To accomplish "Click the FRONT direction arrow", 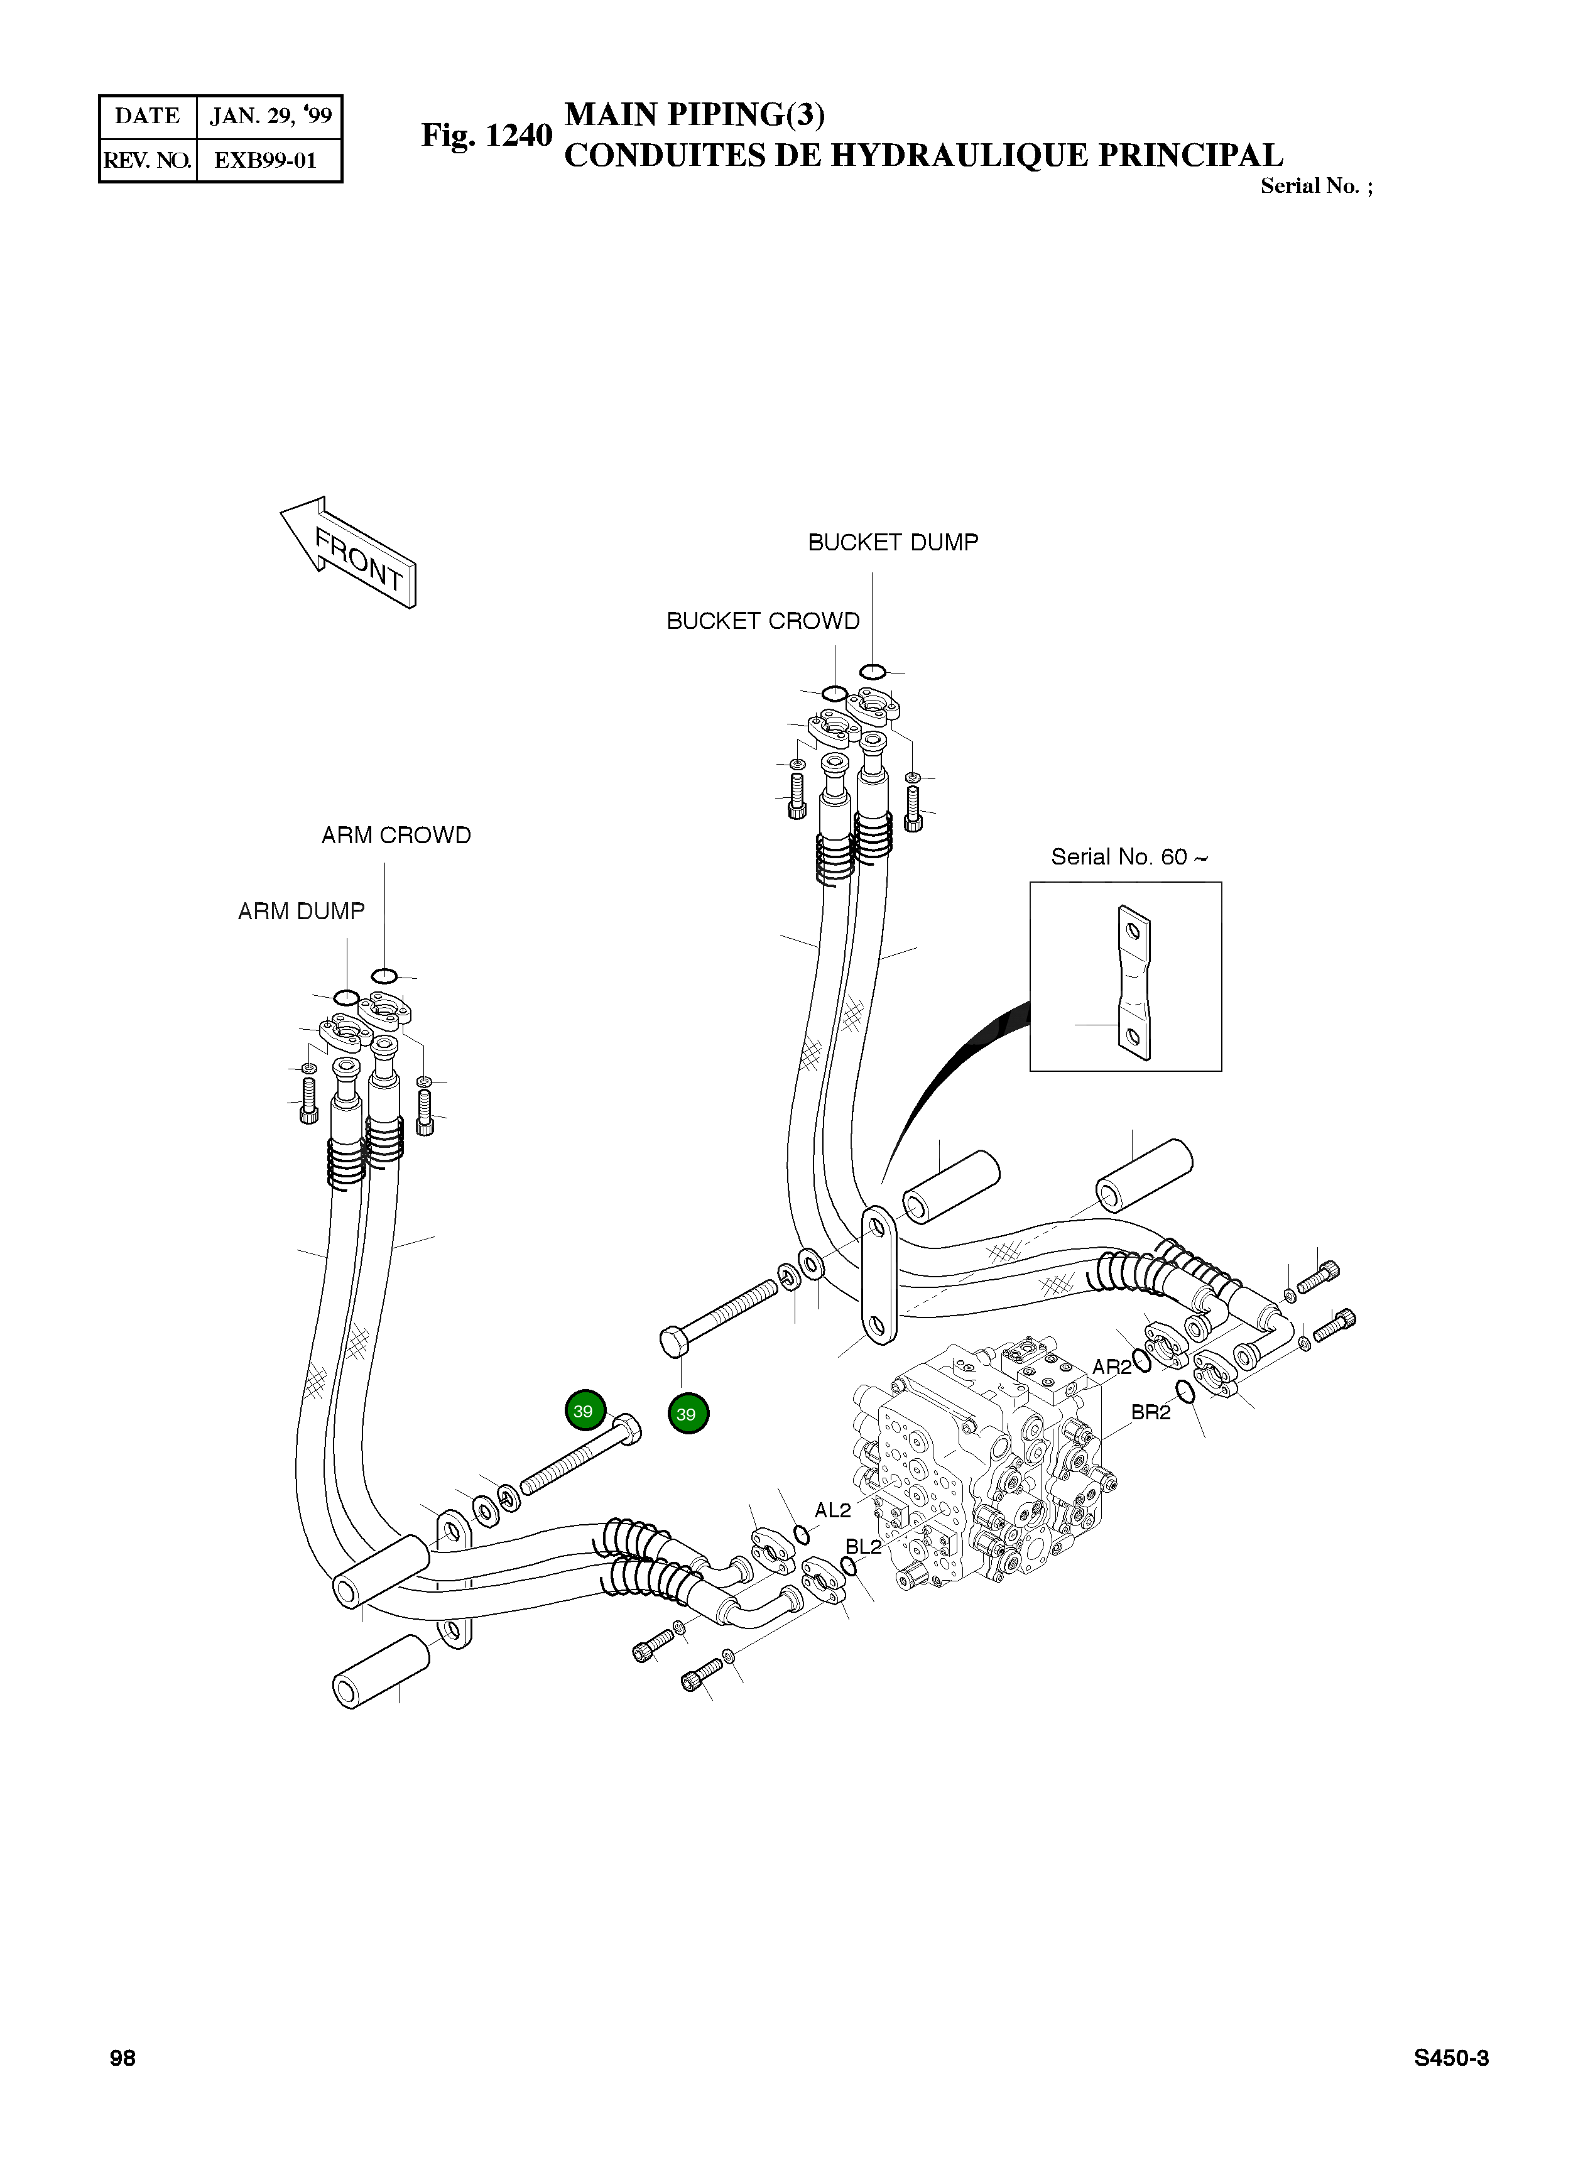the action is click(x=348, y=552).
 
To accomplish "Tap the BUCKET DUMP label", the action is click(x=893, y=542).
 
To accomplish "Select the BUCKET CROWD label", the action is click(x=763, y=621).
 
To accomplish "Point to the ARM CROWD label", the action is click(x=396, y=836).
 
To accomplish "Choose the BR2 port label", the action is click(x=1151, y=1412).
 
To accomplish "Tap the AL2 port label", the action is click(x=833, y=1510).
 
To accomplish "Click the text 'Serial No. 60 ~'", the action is click(x=1129, y=857).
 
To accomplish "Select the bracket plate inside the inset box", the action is click(x=1134, y=983).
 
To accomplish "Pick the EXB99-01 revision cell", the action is click(x=266, y=160).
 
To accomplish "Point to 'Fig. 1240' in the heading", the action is click(x=487, y=135).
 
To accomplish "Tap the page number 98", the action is click(x=122, y=2058).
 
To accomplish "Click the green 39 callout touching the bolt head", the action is click(x=585, y=1410).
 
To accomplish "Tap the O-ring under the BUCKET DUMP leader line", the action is click(x=872, y=671).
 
